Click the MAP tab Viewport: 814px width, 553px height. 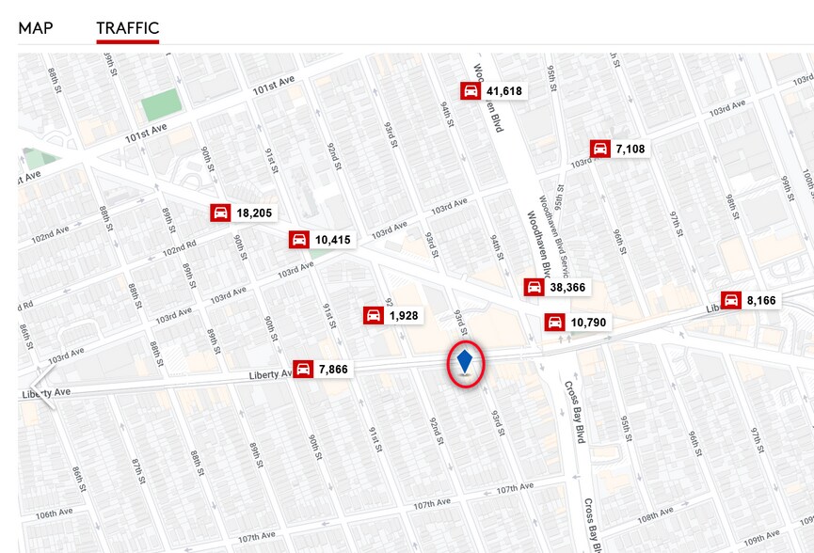(36, 27)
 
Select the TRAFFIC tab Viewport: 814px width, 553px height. (128, 27)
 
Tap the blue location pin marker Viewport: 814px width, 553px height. (464, 361)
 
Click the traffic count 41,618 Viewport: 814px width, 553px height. (504, 91)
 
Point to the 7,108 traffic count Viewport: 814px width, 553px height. (630, 149)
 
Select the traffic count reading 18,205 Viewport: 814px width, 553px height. (254, 213)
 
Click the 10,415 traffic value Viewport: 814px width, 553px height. (332, 240)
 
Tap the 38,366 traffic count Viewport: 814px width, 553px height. (567, 287)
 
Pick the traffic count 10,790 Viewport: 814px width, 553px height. (588, 323)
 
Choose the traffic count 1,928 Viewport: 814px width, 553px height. (403, 315)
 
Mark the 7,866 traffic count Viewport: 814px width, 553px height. (333, 369)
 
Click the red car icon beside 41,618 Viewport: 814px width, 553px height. (471, 91)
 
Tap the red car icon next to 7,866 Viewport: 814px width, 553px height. (304, 369)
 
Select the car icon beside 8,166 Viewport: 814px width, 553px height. (731, 300)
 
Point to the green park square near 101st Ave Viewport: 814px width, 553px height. (159, 103)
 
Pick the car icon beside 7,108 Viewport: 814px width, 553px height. (600, 149)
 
